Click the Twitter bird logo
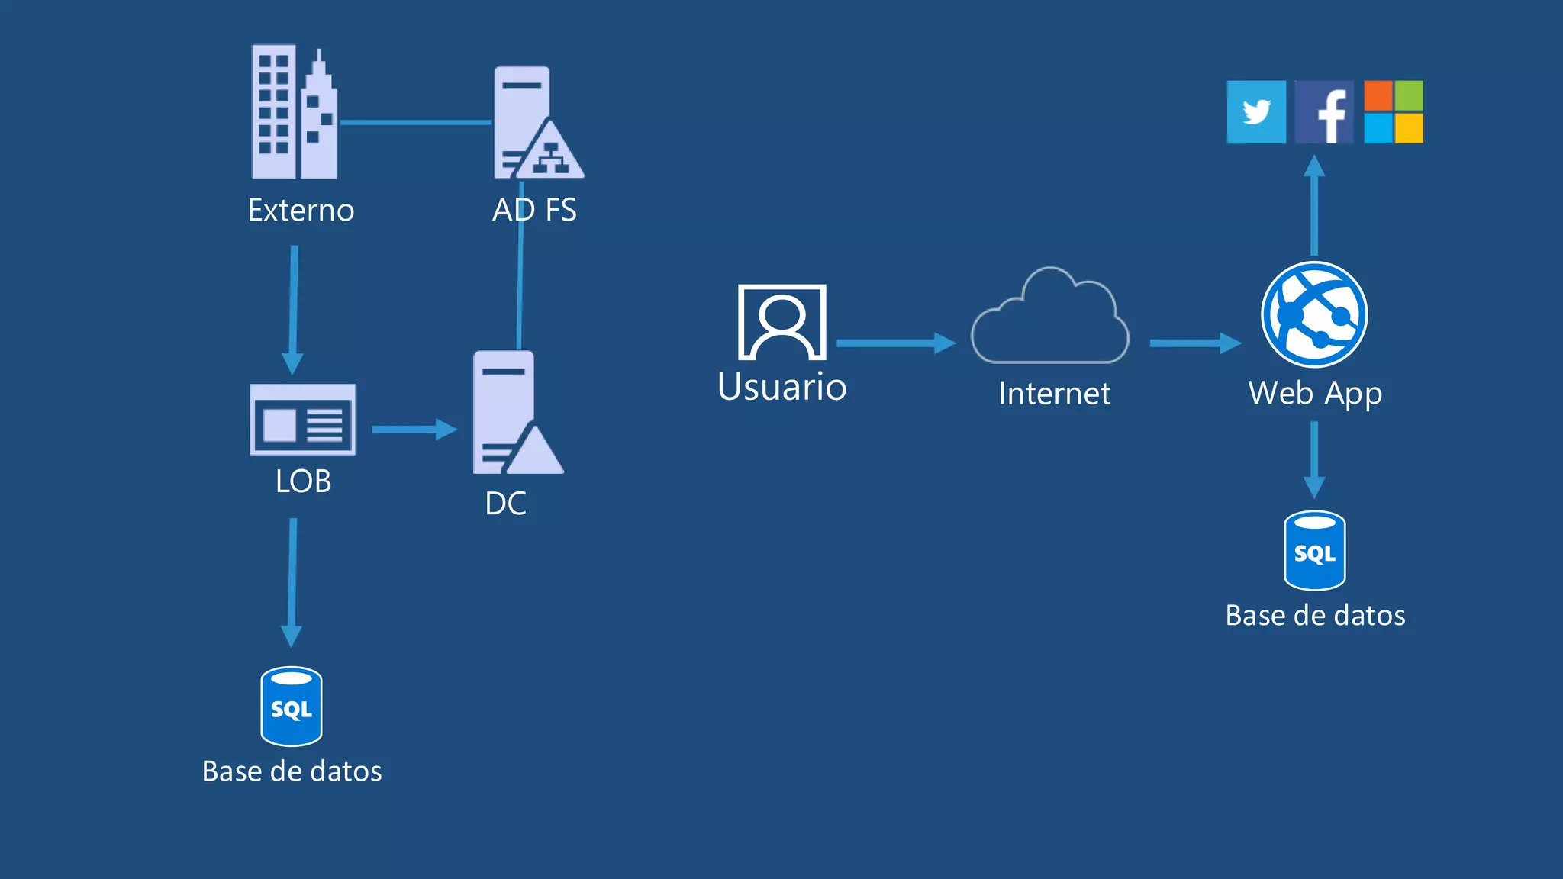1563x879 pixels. coord(1256,112)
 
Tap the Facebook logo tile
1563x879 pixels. coord(1324,112)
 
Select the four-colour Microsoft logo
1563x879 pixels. coord(1394,112)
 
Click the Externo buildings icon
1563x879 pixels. coord(295,113)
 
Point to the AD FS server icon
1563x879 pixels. coord(534,124)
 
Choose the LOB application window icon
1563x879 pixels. coord(303,420)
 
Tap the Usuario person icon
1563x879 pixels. coord(782,322)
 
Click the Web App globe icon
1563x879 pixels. coord(1314,314)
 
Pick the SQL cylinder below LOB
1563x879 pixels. coord(292,707)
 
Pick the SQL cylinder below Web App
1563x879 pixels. coord(1314,551)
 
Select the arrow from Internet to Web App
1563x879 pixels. coord(1195,343)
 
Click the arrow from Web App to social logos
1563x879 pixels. coord(1314,206)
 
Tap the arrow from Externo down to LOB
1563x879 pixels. coord(293,309)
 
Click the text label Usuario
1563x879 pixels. coord(782,387)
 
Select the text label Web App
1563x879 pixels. coord(1315,394)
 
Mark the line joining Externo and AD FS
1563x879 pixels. coord(416,122)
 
